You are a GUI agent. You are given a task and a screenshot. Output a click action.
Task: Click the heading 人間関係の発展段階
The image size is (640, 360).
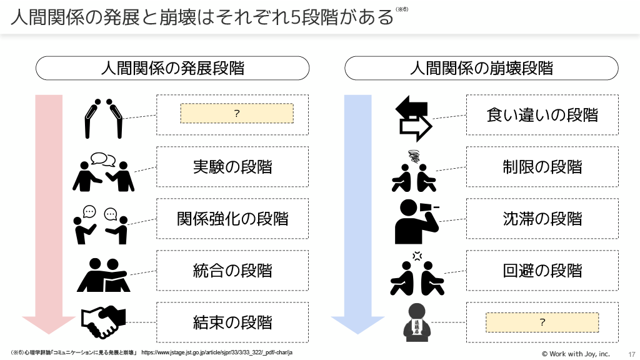point(172,68)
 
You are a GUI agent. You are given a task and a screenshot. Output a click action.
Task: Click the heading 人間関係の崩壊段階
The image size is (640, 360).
point(481,68)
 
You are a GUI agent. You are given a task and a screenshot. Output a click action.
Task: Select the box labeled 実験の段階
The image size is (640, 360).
point(232,167)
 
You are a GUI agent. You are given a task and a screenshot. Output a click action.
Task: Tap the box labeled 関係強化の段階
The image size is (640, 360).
point(232,219)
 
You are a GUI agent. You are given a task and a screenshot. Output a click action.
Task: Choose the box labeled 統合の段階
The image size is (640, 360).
point(232,271)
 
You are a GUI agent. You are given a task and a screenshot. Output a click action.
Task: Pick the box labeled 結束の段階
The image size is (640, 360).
point(232,322)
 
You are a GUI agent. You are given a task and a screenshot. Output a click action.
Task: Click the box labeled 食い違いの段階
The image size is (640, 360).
point(542,115)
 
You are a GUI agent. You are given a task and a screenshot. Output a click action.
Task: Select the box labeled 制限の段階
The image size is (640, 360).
point(542,167)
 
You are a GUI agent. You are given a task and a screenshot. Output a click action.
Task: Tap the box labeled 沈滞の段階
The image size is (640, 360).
point(542,219)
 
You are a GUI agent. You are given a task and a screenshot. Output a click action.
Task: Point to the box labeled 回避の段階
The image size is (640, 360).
point(542,271)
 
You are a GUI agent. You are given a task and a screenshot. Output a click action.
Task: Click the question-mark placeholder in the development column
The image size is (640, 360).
point(237,113)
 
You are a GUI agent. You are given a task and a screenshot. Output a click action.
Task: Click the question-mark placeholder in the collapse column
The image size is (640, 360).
point(542,322)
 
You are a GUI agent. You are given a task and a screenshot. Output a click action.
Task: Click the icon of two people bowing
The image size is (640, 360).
point(104,117)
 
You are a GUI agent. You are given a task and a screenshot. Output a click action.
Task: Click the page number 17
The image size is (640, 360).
point(631,354)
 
